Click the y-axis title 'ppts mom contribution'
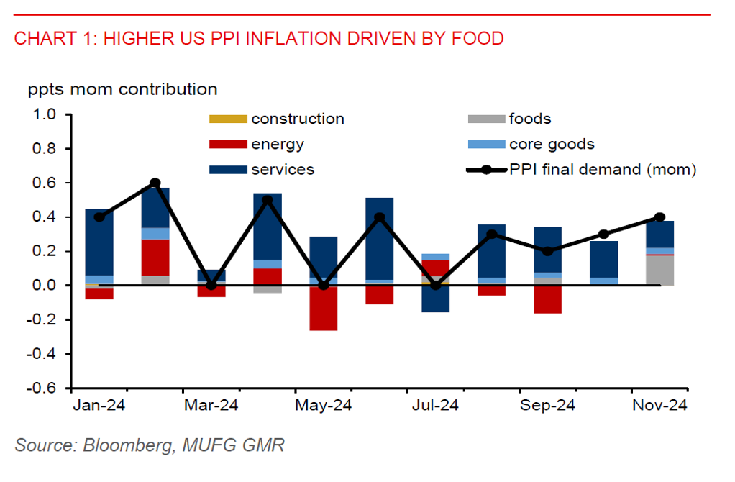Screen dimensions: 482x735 click(123, 90)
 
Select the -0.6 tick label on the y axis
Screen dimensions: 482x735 click(44, 388)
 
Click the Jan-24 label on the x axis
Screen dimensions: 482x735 click(99, 406)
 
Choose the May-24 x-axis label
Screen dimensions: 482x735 click(324, 406)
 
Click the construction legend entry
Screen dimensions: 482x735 click(297, 119)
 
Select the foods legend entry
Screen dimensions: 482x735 click(529, 119)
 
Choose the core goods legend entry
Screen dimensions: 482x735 click(551, 145)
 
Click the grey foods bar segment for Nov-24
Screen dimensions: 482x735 click(659, 270)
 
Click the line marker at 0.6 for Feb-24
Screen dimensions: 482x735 click(155, 183)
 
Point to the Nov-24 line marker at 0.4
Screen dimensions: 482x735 click(659, 217)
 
